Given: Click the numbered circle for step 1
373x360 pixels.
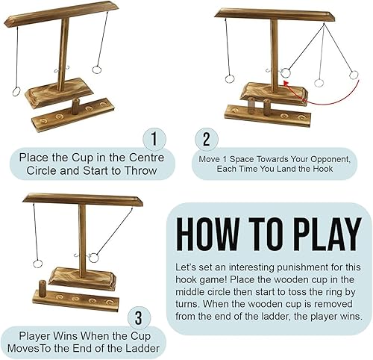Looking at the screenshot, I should [153, 139].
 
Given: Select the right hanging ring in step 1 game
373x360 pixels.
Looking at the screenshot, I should [96, 70].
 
